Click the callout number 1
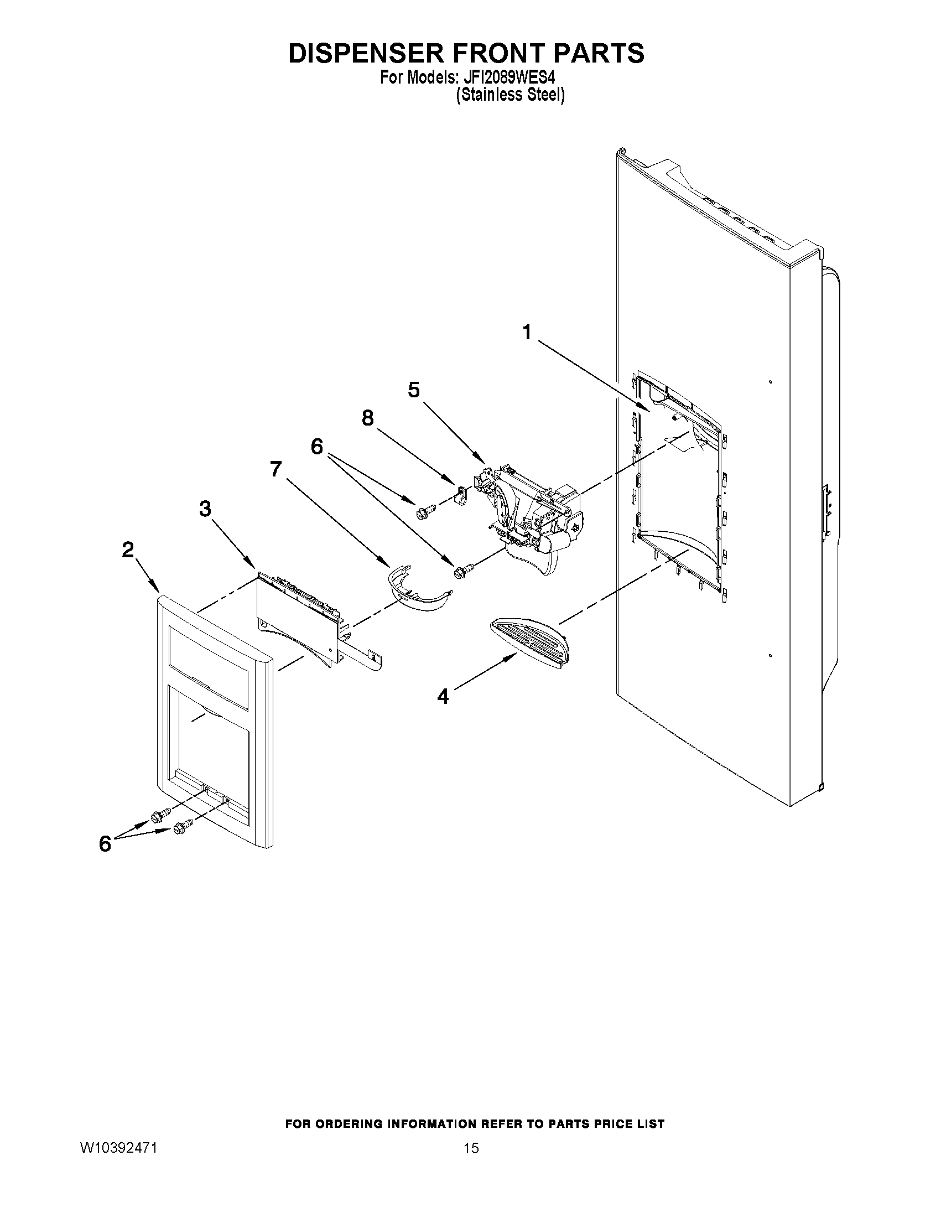pyautogui.click(x=526, y=333)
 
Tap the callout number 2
pyautogui.click(x=128, y=550)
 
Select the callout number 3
pyautogui.click(x=205, y=509)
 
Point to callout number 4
pyautogui.click(x=443, y=696)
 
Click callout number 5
pyautogui.click(x=413, y=390)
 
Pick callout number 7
pyautogui.click(x=275, y=469)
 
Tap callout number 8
pyautogui.click(x=367, y=418)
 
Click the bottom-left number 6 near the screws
pyautogui.click(x=105, y=844)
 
